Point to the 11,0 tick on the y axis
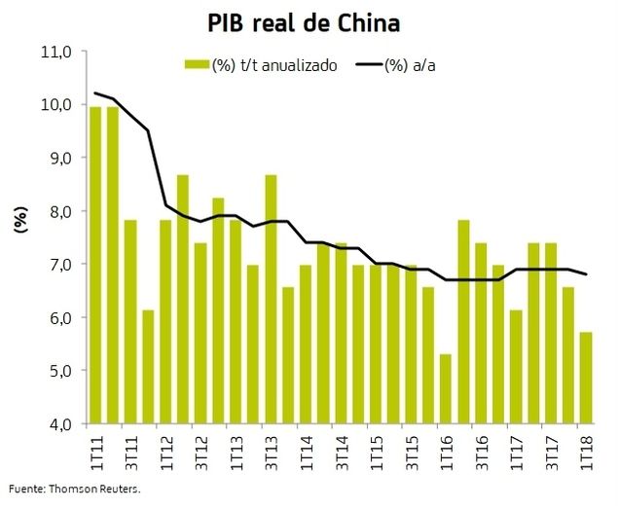59,51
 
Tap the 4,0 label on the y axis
61,424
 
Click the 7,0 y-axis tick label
61,265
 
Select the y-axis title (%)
19,222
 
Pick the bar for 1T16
445,389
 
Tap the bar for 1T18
585,379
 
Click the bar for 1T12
164,322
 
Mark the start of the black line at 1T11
94,93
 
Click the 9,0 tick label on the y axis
61,158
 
